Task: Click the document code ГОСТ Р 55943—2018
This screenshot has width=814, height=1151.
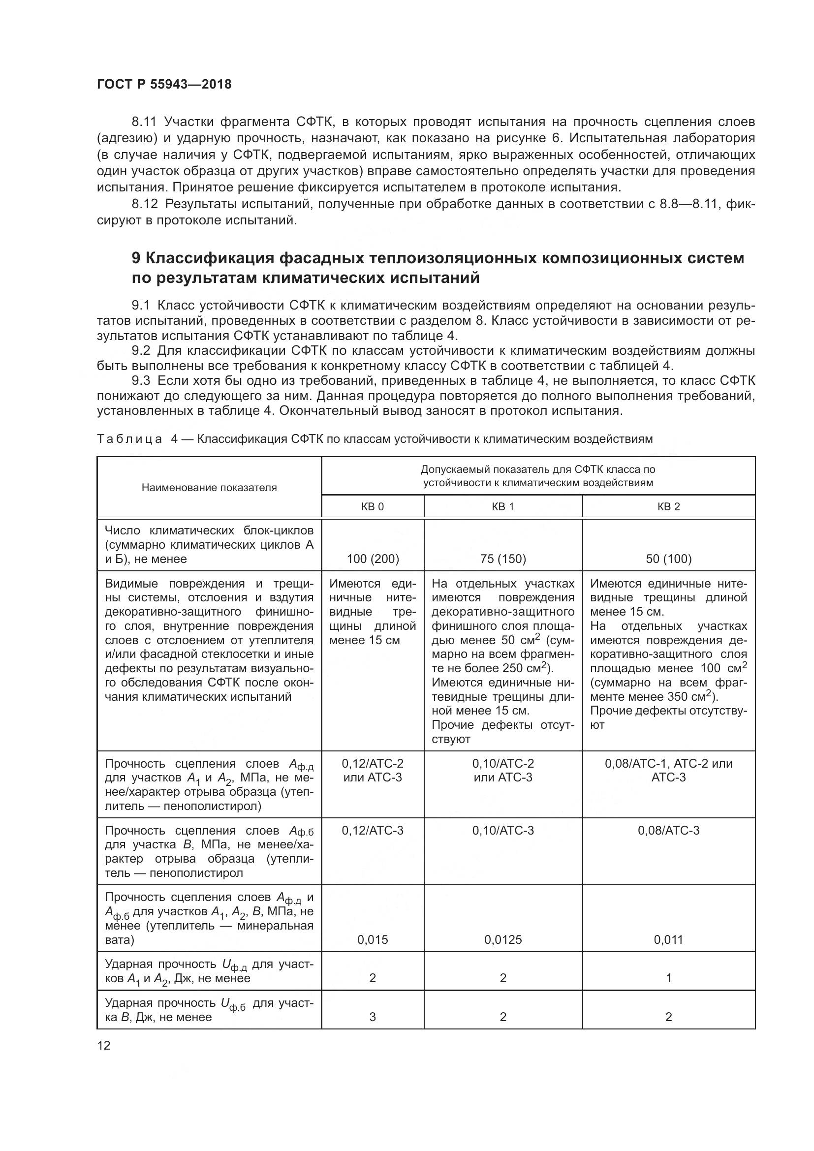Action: point(164,84)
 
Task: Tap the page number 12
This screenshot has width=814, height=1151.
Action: point(104,1045)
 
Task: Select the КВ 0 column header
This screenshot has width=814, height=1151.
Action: point(373,506)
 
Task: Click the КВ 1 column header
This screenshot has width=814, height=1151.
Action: point(503,506)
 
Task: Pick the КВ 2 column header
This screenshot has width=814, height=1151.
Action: point(668,506)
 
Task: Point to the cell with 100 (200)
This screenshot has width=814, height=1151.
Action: point(373,559)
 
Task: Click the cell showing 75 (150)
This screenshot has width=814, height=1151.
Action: point(503,559)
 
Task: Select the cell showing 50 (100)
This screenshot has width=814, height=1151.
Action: point(668,559)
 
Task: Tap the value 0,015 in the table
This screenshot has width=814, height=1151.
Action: point(373,940)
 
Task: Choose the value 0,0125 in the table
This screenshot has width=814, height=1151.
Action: point(503,940)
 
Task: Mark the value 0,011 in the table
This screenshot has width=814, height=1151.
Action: point(668,940)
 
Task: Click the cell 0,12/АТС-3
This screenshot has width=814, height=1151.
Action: point(373,831)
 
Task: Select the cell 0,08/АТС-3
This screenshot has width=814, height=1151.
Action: point(668,831)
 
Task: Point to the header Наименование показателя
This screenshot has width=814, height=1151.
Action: point(209,488)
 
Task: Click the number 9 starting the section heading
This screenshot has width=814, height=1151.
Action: point(136,258)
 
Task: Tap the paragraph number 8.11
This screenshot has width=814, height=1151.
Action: point(144,122)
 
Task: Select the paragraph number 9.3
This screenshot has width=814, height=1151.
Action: point(143,381)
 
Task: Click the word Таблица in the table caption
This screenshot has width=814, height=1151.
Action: point(129,439)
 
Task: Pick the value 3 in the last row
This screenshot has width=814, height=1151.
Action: point(373,1017)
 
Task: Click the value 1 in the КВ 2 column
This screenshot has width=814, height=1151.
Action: point(668,978)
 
